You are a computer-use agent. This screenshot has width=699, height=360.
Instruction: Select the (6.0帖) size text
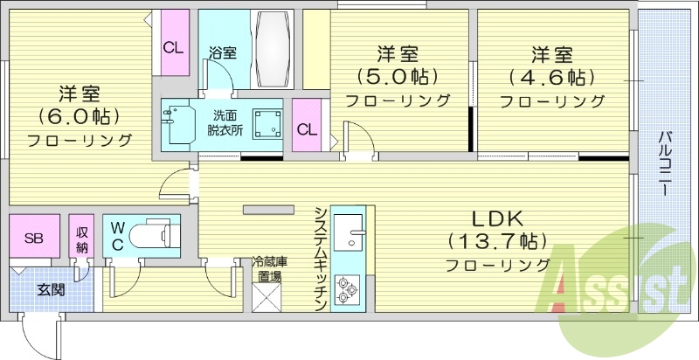78,115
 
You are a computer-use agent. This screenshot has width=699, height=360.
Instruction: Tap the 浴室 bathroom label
222,53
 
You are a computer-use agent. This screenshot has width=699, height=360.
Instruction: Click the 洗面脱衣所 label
225,122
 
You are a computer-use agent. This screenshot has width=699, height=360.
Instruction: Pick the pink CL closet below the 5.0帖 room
307,128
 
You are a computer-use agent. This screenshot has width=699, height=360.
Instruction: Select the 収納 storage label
81,237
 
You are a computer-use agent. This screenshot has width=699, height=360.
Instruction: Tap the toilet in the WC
159,234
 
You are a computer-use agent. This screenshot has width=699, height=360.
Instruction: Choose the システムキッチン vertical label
321,259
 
